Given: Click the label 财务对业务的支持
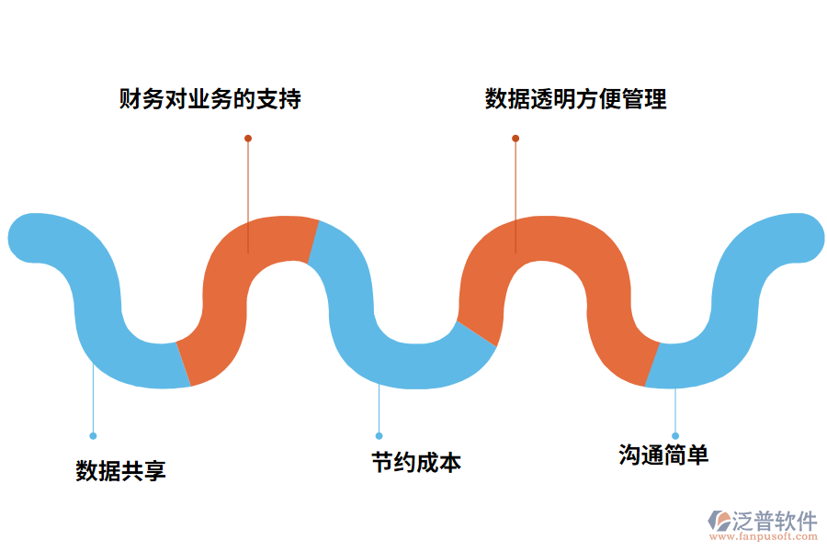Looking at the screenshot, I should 210,99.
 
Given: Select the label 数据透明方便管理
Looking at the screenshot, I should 576,99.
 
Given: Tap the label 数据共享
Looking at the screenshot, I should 120,471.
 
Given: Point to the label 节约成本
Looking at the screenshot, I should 416,462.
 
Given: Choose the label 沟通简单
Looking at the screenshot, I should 663,455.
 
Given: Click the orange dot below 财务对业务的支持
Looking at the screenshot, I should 248,139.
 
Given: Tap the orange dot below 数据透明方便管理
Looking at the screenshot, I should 515,139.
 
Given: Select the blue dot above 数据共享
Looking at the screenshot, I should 93,435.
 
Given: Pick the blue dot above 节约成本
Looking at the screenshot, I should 379,435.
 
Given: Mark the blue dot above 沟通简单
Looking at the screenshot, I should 675,435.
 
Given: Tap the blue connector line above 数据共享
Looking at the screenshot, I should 93,404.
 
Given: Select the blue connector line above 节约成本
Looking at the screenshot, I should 379,409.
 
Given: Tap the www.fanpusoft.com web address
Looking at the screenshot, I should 763,537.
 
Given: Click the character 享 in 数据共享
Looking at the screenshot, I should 155,471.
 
